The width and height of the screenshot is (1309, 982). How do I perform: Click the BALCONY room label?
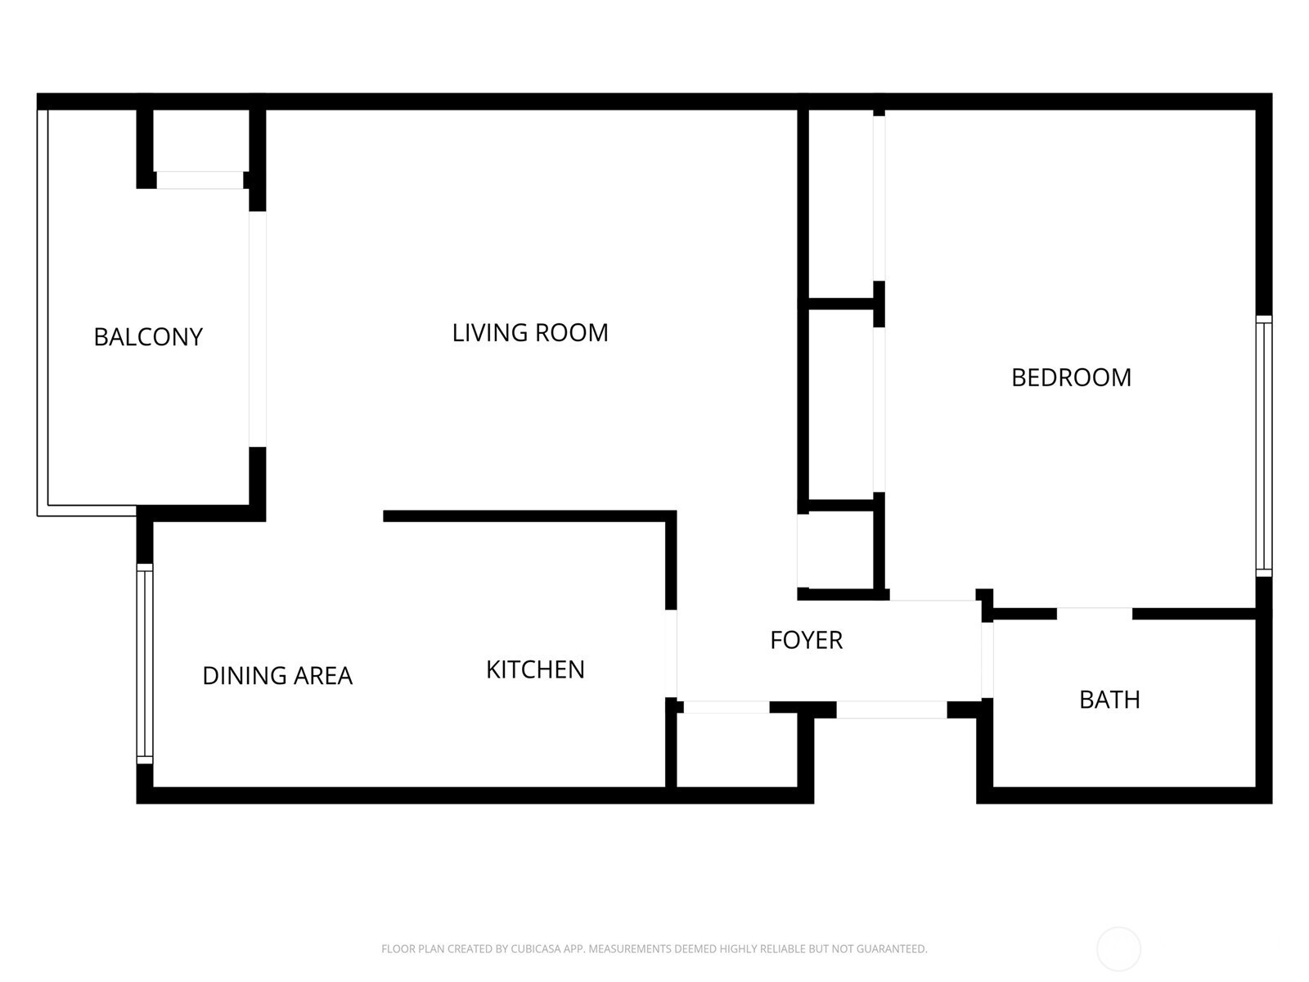pos(148,337)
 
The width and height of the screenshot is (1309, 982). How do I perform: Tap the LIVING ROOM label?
pos(529,333)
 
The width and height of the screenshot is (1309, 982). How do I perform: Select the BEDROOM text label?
pos(1071,377)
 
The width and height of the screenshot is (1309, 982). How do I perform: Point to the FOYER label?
pos(807,640)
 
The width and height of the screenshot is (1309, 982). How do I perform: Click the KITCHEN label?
pos(535,669)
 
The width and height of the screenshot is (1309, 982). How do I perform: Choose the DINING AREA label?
pos(277,676)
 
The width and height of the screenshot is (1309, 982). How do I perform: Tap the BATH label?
pos(1109,700)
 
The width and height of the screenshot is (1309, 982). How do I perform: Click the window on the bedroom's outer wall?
pos(1264,446)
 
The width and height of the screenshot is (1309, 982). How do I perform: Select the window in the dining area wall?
pos(145,664)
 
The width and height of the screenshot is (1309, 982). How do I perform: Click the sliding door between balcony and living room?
pos(258,329)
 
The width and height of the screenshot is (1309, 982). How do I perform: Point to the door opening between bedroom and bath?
pos(1095,614)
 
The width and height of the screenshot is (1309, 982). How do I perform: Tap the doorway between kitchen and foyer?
pos(671,654)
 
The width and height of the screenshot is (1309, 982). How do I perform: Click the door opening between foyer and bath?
pos(987,660)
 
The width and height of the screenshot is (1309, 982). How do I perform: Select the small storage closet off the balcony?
pos(201,141)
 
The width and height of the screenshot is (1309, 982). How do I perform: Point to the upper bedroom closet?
pos(841,204)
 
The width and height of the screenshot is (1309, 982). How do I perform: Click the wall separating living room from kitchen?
pos(529,516)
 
